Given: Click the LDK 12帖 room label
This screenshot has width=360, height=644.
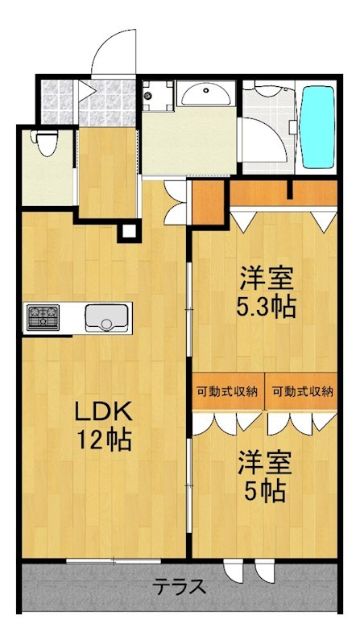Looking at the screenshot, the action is coord(103,427).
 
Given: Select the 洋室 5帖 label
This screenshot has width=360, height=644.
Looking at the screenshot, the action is coord(266,477).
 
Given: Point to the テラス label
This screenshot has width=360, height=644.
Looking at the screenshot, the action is coord(180,587).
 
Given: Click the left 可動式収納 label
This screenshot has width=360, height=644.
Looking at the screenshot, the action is coord(227,391).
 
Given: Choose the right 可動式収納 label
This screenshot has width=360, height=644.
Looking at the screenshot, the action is coord(303,391).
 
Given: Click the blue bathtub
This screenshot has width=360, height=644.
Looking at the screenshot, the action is coord(318,127).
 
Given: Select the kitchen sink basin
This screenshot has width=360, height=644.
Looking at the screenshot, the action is coord(107,317).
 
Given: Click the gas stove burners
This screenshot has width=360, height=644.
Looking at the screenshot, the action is coord(43,317).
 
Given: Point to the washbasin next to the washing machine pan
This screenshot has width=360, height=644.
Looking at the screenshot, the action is coord(205,93).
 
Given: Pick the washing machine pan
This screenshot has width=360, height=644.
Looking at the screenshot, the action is coord(158,95).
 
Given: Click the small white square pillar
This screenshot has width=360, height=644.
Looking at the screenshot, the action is coord(129,231).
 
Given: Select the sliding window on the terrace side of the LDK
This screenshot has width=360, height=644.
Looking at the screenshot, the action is coord(114,560).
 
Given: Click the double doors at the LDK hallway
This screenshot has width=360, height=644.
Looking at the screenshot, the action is coord(176,203).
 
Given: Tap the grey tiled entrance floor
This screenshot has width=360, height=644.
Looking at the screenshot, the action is coord(89,102).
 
